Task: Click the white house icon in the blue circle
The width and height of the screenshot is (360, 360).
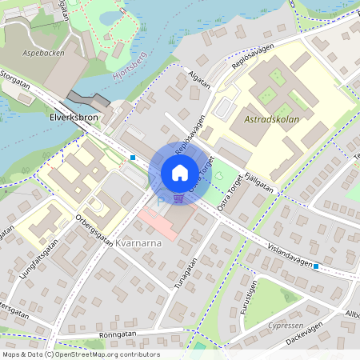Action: pos(180,172)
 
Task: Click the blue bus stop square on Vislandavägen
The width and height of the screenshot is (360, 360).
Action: pos(316,266)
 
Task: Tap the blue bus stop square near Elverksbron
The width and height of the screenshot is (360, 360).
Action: pos(132,158)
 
